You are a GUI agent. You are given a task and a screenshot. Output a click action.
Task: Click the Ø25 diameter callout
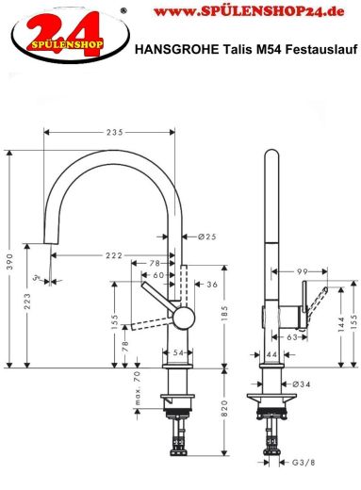[x=208, y=237]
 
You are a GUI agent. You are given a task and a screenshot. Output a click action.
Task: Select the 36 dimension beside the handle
[x=212, y=284]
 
